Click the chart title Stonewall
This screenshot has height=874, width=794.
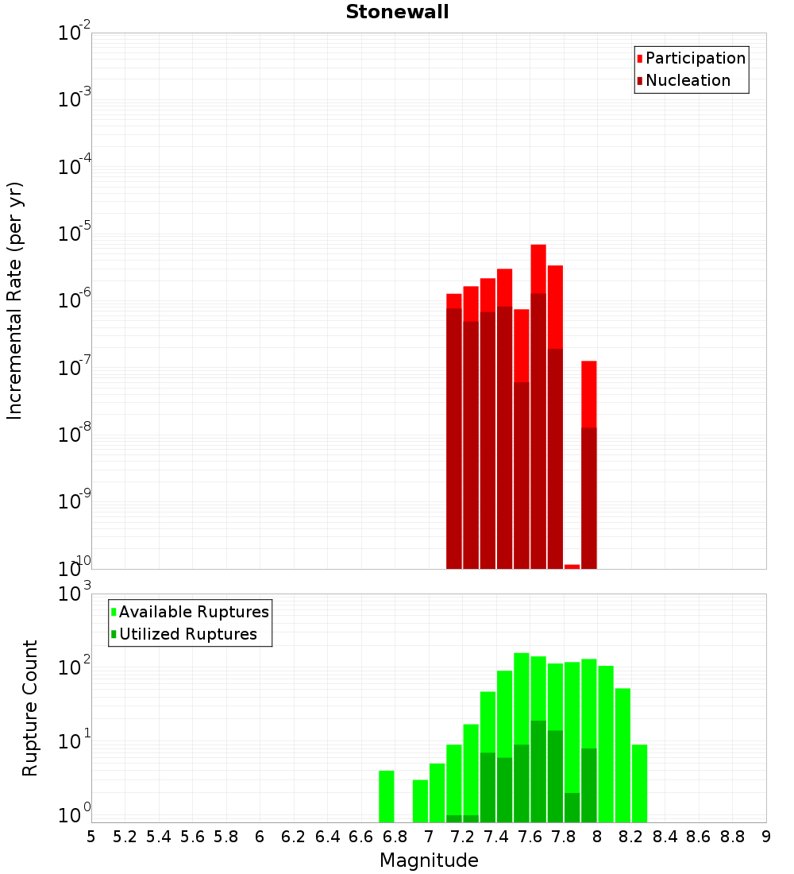(397, 12)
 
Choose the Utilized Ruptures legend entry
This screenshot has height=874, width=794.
(187, 634)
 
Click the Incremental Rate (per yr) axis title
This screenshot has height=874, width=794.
(15, 300)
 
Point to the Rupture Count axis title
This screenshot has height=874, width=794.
(30, 708)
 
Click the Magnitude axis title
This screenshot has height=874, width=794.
(429, 860)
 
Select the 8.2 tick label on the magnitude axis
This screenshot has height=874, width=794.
(631, 837)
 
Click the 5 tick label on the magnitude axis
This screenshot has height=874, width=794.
(91, 837)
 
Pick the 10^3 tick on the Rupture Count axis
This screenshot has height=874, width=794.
(75, 594)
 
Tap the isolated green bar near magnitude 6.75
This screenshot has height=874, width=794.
(387, 796)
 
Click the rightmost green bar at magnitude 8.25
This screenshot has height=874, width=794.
(639, 783)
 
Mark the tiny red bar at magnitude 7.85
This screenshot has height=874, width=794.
(572, 567)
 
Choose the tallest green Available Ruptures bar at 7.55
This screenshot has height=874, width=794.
(522, 699)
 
